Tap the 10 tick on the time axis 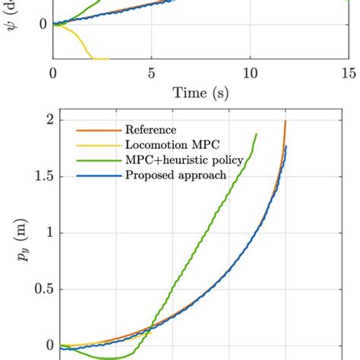[250, 74]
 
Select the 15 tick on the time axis [349, 74]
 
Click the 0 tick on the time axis [52, 74]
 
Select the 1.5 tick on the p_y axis [37, 176]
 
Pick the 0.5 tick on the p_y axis [37, 289]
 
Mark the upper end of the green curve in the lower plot [256, 134]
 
